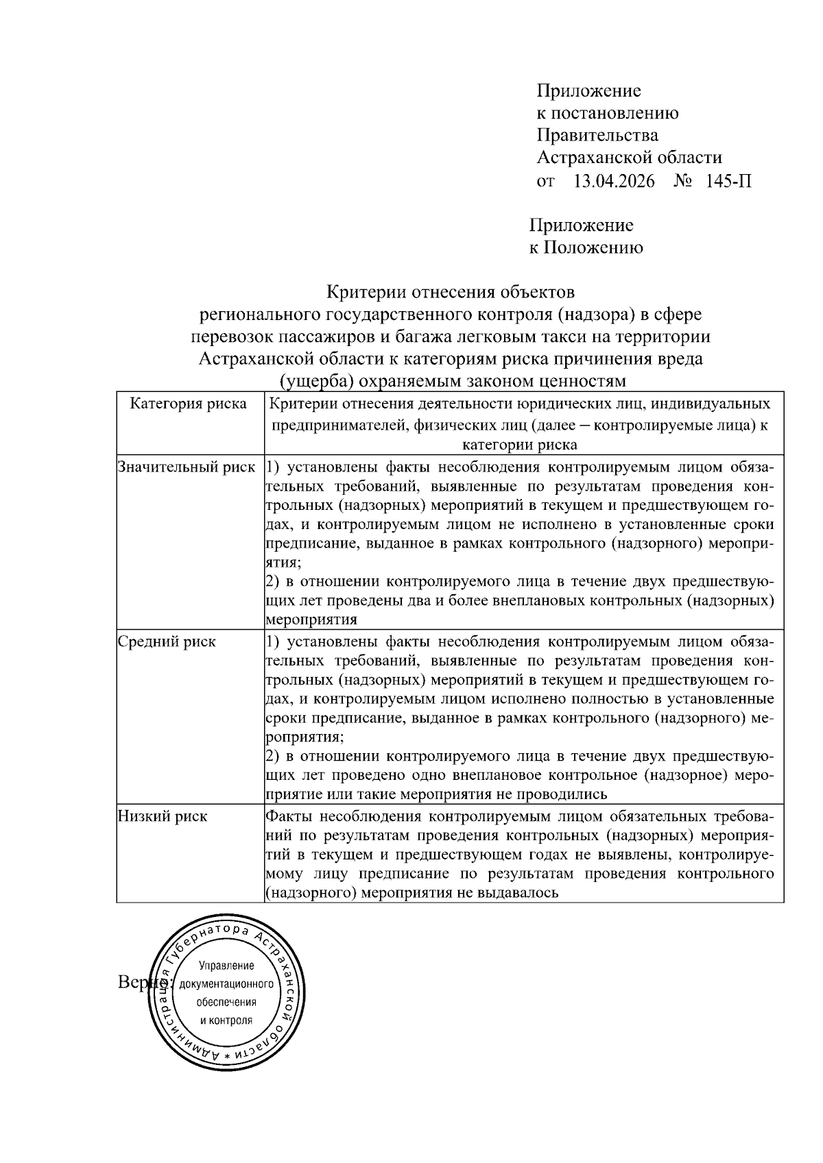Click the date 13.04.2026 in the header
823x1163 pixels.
[614, 182]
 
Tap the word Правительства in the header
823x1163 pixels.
[597, 136]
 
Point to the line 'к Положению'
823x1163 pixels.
[586, 247]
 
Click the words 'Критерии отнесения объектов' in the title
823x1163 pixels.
[450, 293]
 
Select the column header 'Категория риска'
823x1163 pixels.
[189, 404]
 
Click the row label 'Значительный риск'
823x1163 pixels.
[187, 468]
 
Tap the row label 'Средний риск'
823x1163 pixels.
[167, 642]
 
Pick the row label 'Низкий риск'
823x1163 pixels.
[163, 817]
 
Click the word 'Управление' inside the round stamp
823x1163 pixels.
[226, 966]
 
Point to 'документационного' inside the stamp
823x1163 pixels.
[226, 984]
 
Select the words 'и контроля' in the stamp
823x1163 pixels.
[226, 1020]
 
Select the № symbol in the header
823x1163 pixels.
[683, 182]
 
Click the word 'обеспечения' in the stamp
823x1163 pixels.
[226, 1002]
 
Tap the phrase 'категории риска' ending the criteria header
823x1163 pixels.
[519, 445]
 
